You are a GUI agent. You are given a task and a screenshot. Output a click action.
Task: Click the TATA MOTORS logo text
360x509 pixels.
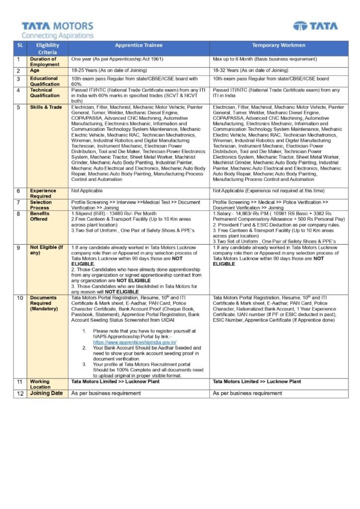click(x=57, y=26)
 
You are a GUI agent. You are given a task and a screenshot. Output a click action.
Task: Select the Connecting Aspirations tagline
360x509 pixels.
click(x=57, y=36)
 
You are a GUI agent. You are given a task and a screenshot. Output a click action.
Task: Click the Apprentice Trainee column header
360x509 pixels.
click(x=139, y=45)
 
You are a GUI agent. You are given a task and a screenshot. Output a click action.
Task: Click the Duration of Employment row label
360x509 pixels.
click(x=44, y=62)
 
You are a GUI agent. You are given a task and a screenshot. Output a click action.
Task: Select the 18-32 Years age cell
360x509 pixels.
click(x=251, y=71)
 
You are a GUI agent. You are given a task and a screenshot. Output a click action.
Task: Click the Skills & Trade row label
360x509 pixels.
click(x=46, y=107)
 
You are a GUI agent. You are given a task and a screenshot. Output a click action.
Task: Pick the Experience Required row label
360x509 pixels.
click(x=43, y=193)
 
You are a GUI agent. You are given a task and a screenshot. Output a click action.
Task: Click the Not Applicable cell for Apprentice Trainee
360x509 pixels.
click(x=87, y=191)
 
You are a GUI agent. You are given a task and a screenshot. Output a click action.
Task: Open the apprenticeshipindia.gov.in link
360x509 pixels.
click(x=134, y=342)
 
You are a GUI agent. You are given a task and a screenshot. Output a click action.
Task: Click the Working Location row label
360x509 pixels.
click(x=40, y=384)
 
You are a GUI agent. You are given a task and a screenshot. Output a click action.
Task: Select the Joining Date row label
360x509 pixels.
click(x=46, y=393)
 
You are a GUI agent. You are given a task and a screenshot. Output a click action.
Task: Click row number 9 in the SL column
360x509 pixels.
click(x=18, y=248)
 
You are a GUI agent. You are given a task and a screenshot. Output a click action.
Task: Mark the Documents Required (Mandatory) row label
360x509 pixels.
click(x=44, y=303)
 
